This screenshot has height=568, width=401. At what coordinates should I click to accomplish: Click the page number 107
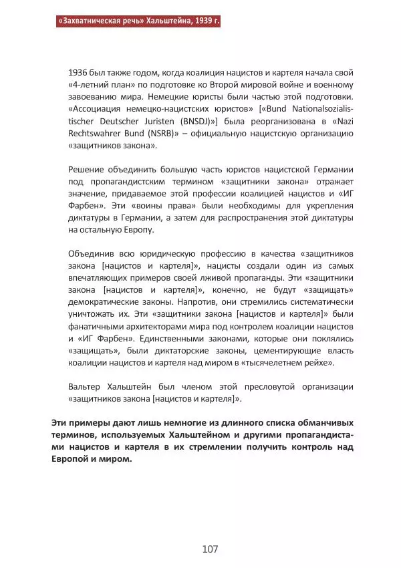[x=210, y=549]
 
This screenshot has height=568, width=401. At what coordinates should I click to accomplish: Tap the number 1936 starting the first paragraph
[x=79, y=72]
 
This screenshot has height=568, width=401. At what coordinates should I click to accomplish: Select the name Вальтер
[x=87, y=386]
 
